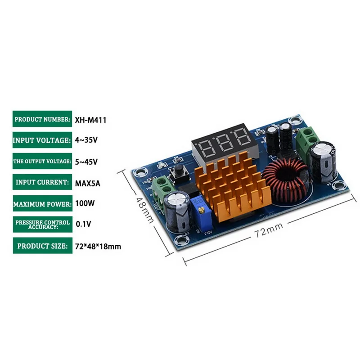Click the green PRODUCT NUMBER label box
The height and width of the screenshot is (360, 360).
click(x=42, y=120)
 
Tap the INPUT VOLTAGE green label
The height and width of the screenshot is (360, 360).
click(x=42, y=140)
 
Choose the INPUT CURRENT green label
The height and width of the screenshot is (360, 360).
click(x=42, y=182)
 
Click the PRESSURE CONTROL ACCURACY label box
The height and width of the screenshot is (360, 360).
click(x=42, y=224)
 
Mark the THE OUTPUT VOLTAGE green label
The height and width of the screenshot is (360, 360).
click(x=42, y=161)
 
